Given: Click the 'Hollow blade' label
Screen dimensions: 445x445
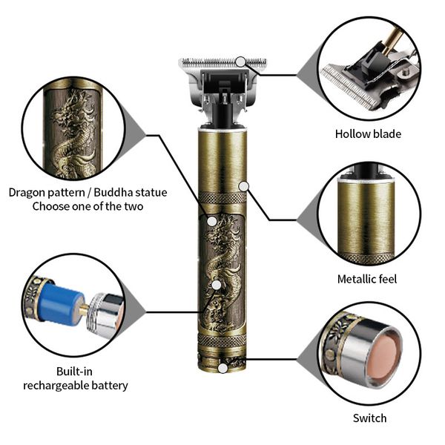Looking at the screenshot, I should pos(367,134).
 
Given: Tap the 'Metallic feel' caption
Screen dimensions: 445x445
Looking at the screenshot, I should pos(366,279).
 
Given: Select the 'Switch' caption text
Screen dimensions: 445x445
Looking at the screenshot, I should pos(369,418).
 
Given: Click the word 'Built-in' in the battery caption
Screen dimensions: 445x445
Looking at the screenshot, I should pos(75,371).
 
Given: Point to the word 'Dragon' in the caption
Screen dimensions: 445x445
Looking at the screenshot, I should pos(29,192).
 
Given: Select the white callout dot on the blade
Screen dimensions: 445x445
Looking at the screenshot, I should pos(243,61).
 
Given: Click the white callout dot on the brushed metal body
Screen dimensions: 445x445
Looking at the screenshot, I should pos(243,183).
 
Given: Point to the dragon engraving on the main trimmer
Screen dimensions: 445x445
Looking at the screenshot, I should pos(222,274).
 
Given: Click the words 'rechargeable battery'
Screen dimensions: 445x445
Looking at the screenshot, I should pos(75,385).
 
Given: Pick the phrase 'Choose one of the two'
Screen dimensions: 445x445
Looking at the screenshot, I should pos(88,206).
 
